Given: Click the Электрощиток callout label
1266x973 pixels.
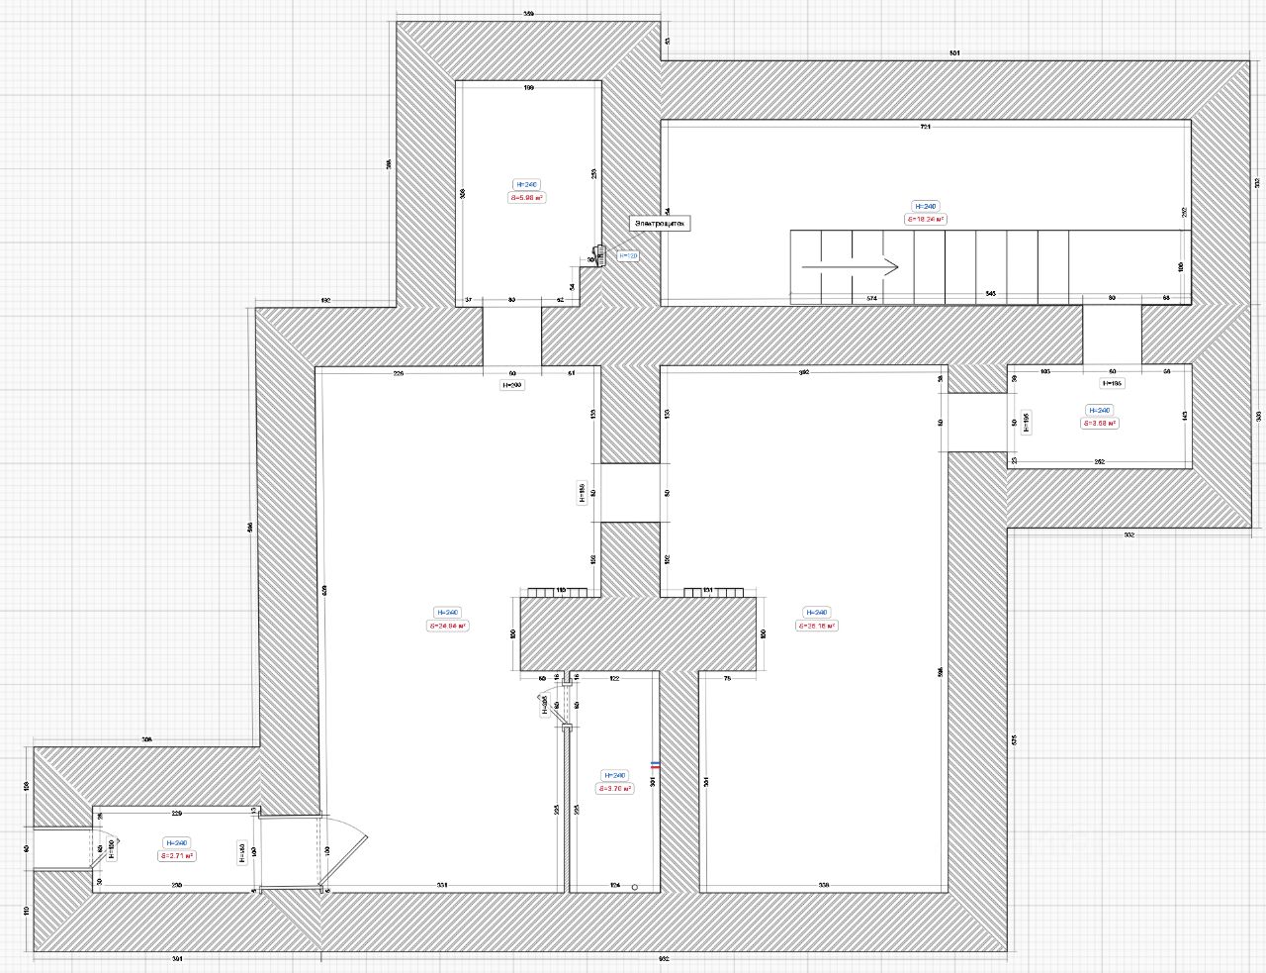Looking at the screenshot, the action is (660, 224).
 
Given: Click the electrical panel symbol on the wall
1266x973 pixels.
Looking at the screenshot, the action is (598, 254).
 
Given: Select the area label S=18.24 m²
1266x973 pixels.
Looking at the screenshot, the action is (926, 220).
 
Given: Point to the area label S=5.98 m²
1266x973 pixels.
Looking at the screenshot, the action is (528, 198).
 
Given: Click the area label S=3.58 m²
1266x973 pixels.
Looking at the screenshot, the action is (1099, 424).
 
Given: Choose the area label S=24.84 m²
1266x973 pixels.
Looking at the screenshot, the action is (448, 626).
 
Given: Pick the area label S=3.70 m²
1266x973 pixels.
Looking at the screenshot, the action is (613, 789).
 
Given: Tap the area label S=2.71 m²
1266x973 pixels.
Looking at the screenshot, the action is (177, 856).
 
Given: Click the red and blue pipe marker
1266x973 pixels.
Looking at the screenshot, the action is (655, 765).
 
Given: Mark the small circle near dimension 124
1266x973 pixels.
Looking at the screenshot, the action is (635, 886).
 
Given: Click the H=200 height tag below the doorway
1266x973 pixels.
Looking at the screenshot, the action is (512, 385).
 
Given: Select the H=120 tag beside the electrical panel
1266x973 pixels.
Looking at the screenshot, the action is (629, 255).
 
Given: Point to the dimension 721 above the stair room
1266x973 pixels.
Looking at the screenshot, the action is (926, 128).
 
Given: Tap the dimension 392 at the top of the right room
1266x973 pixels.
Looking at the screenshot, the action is (804, 373).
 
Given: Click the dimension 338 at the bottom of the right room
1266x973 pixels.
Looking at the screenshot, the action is (824, 885).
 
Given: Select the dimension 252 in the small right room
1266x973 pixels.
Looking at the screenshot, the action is (1099, 461).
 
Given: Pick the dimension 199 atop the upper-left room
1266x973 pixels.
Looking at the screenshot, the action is (528, 89).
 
